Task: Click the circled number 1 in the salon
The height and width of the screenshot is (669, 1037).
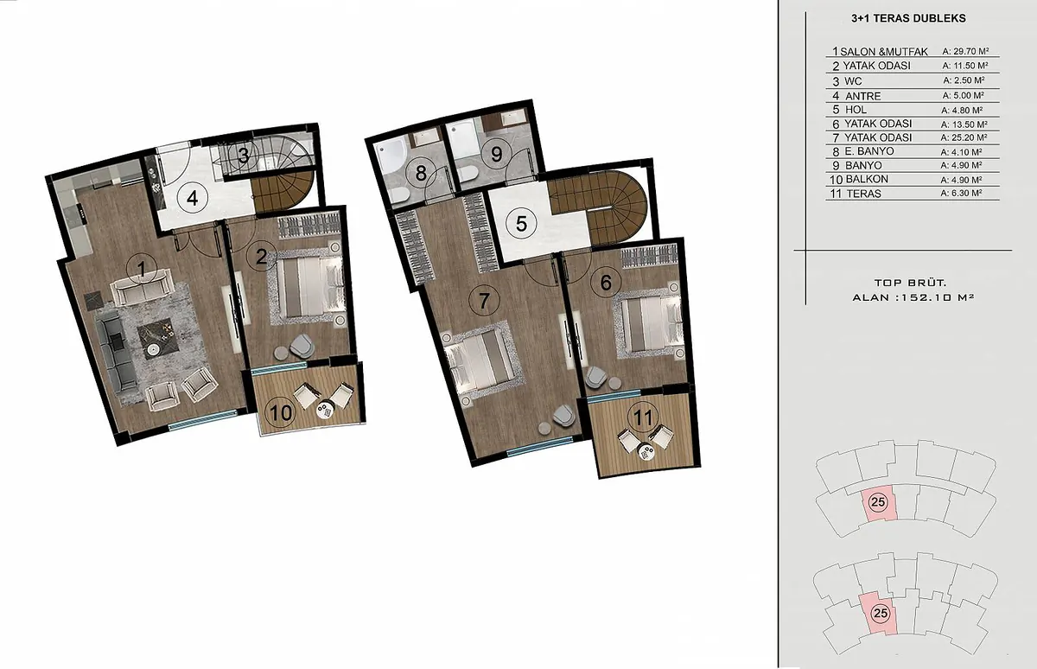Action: [x=142, y=269]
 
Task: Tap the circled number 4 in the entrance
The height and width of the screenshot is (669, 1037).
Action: [x=193, y=198]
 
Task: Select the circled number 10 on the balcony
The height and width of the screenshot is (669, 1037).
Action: [x=281, y=411]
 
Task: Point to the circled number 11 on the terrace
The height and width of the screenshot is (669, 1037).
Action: [x=643, y=417]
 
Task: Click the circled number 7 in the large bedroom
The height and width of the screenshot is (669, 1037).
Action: [x=484, y=301]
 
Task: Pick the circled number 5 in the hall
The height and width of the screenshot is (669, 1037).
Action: [x=521, y=224]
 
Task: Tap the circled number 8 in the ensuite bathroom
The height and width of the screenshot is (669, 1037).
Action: [x=421, y=174]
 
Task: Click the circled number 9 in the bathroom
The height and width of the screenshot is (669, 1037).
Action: [x=496, y=154]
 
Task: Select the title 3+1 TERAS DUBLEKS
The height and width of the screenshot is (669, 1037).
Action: [x=908, y=18]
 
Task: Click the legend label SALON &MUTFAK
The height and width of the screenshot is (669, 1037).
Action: [x=884, y=51]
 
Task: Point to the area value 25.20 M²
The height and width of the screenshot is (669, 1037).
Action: [x=964, y=137]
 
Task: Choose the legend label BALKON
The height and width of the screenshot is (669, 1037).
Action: [x=867, y=179]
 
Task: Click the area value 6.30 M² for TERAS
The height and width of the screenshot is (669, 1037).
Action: [x=961, y=193]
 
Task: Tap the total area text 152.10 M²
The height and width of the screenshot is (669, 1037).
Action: [x=936, y=297]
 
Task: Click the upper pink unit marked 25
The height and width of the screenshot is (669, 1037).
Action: [x=879, y=503]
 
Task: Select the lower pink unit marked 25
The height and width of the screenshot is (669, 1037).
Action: [x=878, y=614]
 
